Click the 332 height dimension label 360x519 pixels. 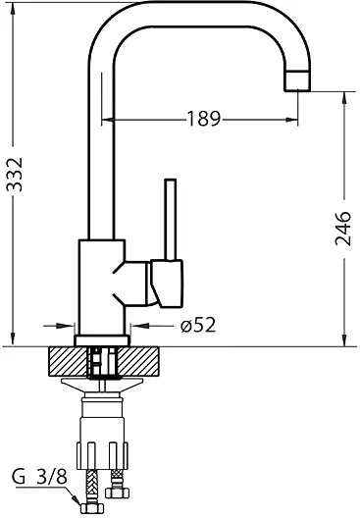pos(15,174)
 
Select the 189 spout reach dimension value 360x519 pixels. pos(204,118)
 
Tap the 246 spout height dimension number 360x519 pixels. pos(342,229)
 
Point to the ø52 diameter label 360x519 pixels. pos(198,325)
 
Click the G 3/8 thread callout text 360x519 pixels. pos(39,477)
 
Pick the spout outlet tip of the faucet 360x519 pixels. pos(298,80)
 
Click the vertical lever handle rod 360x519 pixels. pos(171,220)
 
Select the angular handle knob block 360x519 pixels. pos(167,283)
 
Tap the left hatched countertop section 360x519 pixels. pos(68,361)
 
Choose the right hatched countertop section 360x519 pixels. pos(138,361)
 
